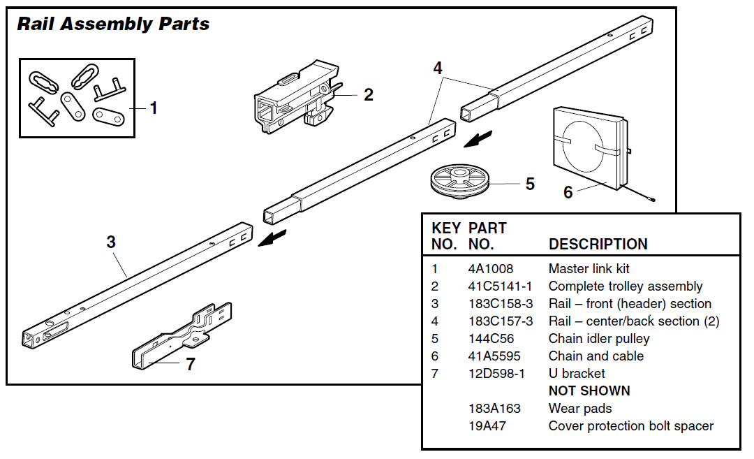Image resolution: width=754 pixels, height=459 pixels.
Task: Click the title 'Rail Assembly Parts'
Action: (113, 24)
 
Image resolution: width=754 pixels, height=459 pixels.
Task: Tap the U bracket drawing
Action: (183, 335)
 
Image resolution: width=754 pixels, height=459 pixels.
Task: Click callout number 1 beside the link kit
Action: (154, 108)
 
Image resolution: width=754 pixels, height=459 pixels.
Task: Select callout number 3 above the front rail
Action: (111, 242)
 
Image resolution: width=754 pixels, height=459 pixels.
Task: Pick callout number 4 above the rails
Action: (438, 68)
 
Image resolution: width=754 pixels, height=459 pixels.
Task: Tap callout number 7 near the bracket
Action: (190, 364)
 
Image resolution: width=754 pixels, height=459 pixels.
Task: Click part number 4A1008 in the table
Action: (490, 269)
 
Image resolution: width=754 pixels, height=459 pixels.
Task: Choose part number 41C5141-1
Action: (500, 286)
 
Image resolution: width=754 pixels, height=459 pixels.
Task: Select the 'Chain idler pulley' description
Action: (599, 339)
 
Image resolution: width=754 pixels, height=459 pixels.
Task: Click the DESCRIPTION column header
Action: (598, 245)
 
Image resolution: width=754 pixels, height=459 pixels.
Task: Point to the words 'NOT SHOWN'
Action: (589, 391)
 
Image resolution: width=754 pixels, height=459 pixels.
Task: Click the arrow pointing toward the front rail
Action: (272, 238)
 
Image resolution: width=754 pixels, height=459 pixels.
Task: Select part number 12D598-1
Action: (496, 374)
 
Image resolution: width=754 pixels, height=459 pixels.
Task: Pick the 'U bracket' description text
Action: (577, 374)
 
